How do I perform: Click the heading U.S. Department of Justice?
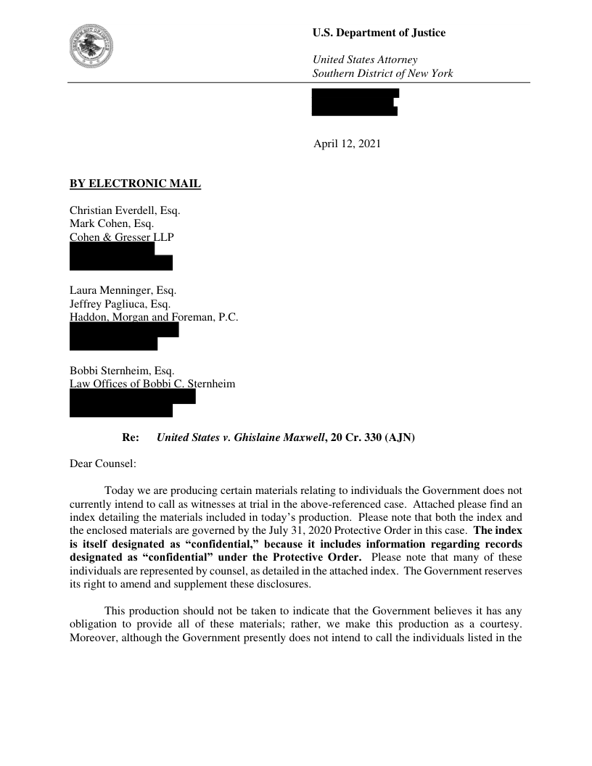[x=379, y=33]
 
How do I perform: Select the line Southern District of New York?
[x=382, y=73]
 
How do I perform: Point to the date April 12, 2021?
[x=346, y=144]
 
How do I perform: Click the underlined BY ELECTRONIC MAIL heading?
[x=135, y=184]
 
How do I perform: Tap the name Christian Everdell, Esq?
[x=124, y=210]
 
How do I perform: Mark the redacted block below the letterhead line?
[x=355, y=102]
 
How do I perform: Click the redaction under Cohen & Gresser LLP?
[x=120, y=256]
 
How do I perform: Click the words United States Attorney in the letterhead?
[x=364, y=59]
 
